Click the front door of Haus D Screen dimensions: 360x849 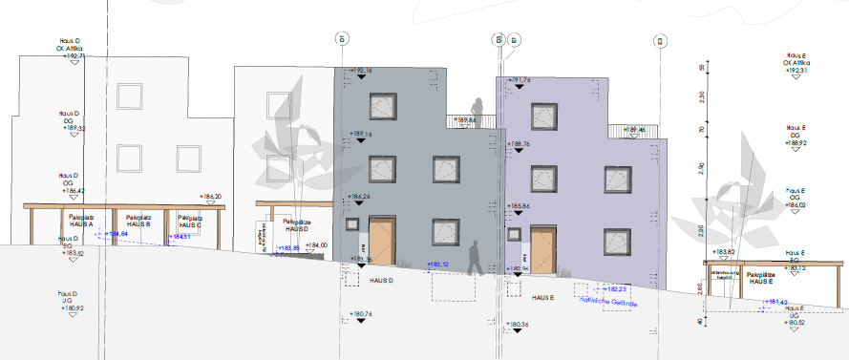coord(381,242)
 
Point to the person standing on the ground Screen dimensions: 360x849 coord(474,257)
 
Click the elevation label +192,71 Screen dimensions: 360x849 coord(74,57)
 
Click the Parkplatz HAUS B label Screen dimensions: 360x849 coord(138,221)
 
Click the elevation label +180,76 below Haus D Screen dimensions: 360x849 coord(359,314)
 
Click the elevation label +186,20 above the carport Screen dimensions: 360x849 coord(211,197)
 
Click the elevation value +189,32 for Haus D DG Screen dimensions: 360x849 coord(74,129)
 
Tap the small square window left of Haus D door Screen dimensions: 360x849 coord(353,226)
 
